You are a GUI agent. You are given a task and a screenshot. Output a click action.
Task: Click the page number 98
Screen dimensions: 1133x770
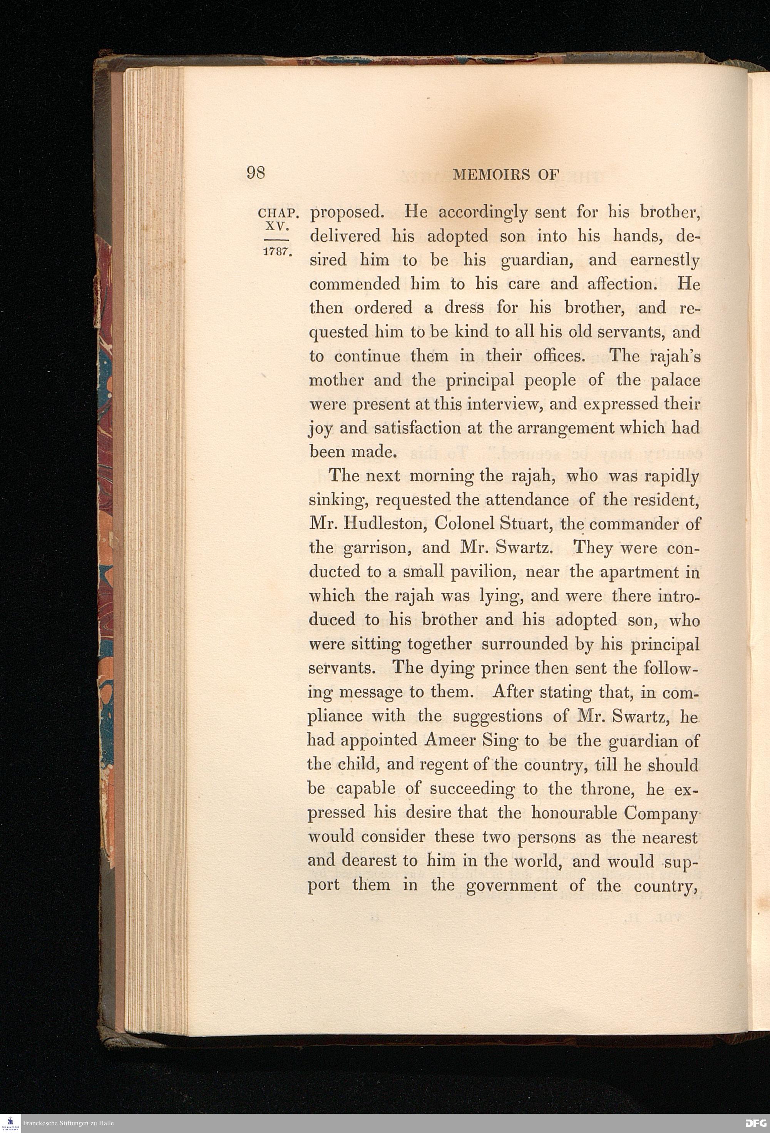tap(256, 174)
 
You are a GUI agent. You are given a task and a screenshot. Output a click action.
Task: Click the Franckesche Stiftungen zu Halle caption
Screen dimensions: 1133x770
tap(68, 1123)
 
